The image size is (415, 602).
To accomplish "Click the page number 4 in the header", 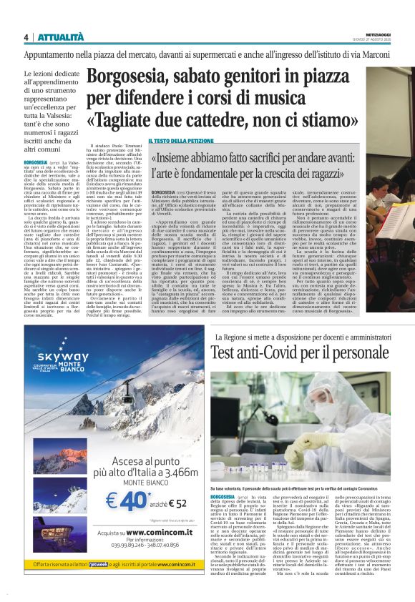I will coord(26,37).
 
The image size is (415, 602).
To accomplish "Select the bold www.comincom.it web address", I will coord(140,533).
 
